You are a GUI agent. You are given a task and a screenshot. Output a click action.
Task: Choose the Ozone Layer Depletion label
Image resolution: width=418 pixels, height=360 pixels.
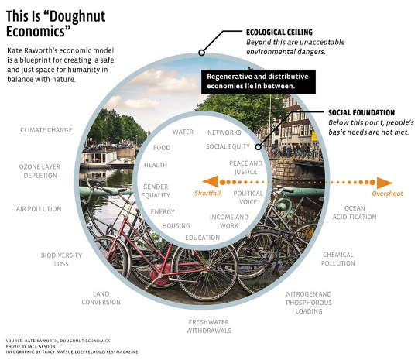39,170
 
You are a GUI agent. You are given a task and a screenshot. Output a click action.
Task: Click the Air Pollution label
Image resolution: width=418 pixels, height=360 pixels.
38,209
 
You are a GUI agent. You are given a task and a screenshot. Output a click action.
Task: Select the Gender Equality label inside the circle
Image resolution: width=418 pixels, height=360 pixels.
156,190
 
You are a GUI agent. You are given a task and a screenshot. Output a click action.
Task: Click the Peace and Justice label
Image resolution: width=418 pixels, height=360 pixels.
247,167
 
